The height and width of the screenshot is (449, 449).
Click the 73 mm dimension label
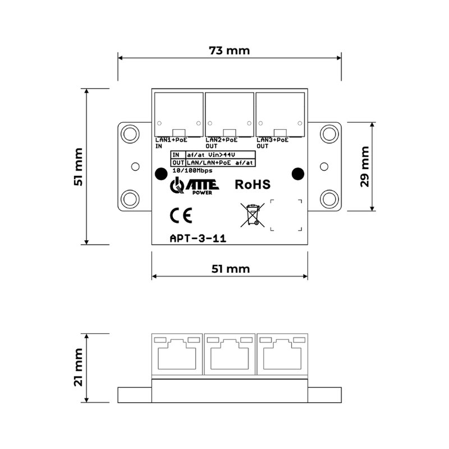[x=230, y=51]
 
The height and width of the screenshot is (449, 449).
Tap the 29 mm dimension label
[x=365, y=167]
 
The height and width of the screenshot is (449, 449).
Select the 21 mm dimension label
[x=78, y=368]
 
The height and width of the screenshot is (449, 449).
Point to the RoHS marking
[x=253, y=185]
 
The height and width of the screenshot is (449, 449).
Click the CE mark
[x=181, y=216]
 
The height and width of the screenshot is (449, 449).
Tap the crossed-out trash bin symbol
[x=252, y=215]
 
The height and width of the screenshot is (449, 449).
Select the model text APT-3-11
[x=198, y=238]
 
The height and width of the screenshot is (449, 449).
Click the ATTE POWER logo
[x=194, y=186]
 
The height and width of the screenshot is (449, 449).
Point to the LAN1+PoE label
[x=171, y=140]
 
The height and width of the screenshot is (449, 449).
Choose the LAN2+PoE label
[x=222, y=140]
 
